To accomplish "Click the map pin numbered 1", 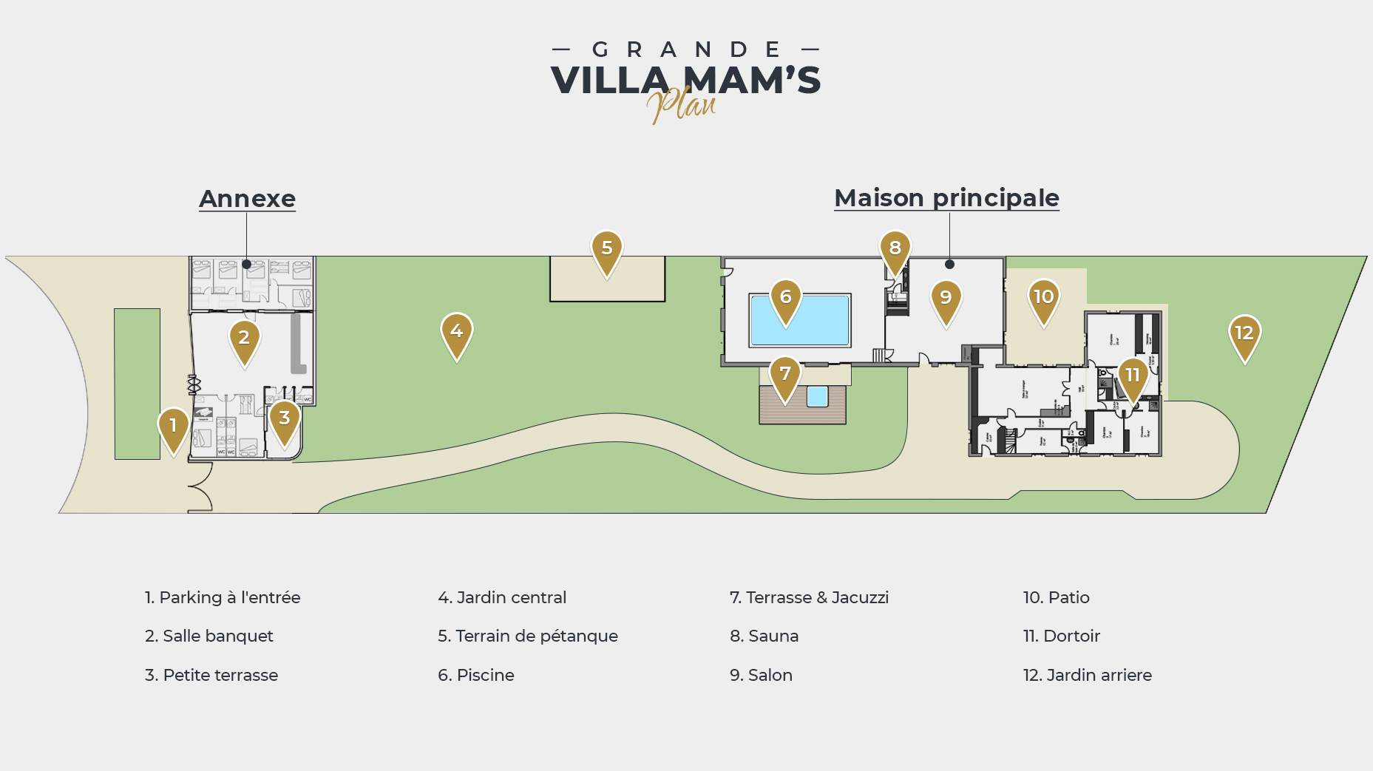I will pos(173,427).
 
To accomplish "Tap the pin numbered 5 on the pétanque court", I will pos(606,250).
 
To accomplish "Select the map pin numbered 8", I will pos(895,250).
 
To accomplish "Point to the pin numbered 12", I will pos(1244,334).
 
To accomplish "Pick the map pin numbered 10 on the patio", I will pos(1043,299).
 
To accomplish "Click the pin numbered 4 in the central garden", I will pos(457,333).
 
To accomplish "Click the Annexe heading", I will pos(247,199).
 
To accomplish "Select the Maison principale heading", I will pos(946,198).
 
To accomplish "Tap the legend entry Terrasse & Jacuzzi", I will pos(809,597).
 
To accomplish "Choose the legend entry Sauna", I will pos(764,636).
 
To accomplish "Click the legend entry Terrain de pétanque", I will pos(527,636).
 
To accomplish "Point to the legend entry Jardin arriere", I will pos(1087,675).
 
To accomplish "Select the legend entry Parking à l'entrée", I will pos(223,597).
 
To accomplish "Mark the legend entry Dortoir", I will pos(1061,636).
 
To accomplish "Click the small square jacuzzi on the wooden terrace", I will pos(817,396).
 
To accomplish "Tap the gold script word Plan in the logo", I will pos(682,105).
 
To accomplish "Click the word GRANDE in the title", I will pos(686,50).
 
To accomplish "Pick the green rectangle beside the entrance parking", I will pos(137,384).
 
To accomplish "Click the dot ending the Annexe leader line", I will pos(246,264).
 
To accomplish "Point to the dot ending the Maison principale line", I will pos(949,264).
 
